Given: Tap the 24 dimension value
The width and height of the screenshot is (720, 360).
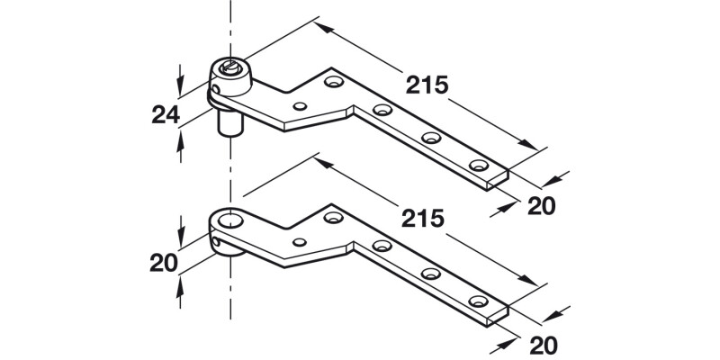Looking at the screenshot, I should (163, 115).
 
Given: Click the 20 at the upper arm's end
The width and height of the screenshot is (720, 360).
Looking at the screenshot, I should (541, 205).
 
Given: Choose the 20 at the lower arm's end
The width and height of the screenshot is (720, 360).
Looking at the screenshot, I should (541, 344).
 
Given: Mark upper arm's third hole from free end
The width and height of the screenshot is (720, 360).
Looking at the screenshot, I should (383, 111).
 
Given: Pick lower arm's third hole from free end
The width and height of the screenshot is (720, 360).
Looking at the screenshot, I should (383, 246).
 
